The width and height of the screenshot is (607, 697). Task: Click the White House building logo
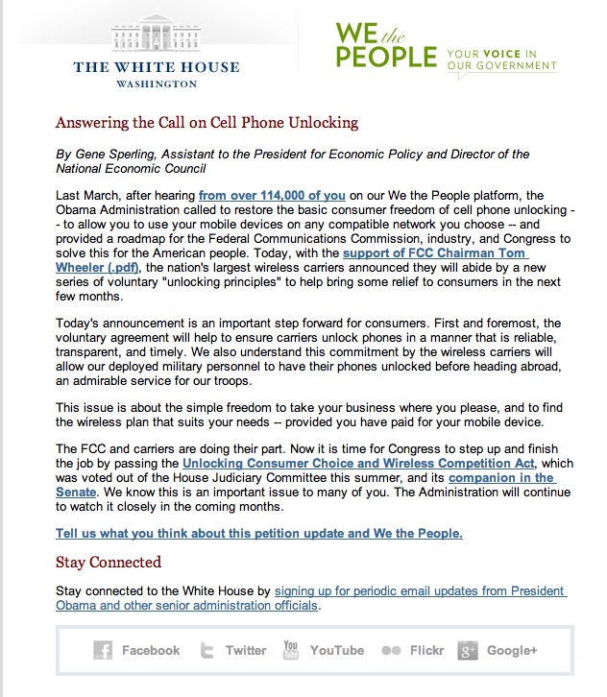tap(157, 36)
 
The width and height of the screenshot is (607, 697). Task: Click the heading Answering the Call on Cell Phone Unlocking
tap(206, 123)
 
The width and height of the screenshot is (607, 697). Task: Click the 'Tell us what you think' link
tap(259, 533)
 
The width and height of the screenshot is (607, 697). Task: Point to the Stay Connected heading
tap(109, 563)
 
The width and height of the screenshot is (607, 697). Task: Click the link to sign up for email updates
tap(420, 590)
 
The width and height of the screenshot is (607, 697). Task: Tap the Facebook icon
tap(103, 651)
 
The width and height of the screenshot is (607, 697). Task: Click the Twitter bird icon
tap(206, 651)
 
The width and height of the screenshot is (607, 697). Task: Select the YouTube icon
tap(291, 650)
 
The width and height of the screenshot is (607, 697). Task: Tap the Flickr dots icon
tap(391, 651)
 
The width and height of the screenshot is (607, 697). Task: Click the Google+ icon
tap(468, 651)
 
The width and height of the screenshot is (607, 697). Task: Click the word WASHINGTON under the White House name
tap(157, 84)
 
